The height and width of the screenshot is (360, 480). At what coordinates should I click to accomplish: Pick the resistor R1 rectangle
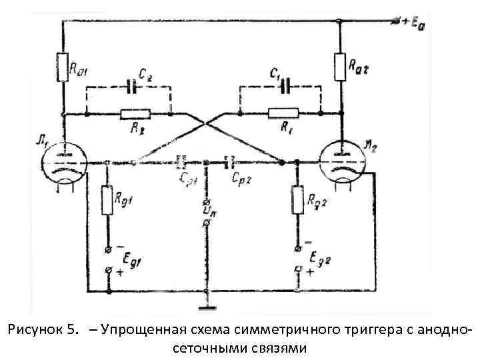pyautogui.click(x=279, y=114)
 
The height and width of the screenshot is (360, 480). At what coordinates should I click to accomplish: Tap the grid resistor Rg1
pyautogui.click(x=107, y=200)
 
